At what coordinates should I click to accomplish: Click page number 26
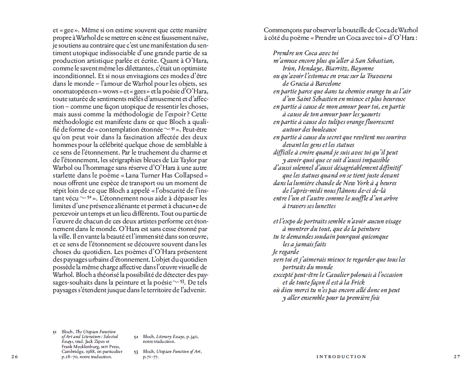14,357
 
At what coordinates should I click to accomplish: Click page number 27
457,357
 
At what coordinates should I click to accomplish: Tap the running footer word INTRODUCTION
341,357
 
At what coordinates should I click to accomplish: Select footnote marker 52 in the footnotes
136,336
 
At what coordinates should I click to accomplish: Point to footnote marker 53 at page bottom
136,352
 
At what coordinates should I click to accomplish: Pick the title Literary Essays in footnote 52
169,336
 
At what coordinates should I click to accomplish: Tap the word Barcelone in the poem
327,84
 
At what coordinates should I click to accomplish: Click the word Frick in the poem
357,282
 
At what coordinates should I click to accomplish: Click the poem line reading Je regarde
286,252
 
